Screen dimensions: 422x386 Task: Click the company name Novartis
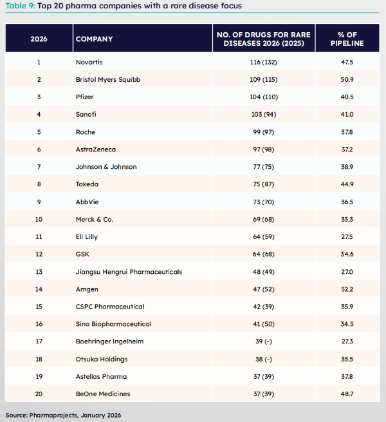89,62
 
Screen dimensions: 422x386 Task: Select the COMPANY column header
94,39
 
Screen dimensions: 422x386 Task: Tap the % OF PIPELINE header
347,39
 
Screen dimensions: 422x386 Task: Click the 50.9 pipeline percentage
347,79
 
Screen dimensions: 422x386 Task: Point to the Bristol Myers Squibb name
107,79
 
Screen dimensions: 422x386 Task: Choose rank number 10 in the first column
39,219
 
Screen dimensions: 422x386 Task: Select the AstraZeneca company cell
96,149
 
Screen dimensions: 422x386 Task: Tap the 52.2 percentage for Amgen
347,289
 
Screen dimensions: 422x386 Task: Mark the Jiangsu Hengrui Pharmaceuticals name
129,272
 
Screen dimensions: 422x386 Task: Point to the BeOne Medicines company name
103,394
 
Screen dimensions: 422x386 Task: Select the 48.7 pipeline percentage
347,394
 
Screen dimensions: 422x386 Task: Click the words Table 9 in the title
20,6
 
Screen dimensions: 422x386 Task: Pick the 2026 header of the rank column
39,39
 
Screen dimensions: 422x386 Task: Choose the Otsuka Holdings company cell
102,359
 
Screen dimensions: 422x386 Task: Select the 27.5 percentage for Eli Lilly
347,236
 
